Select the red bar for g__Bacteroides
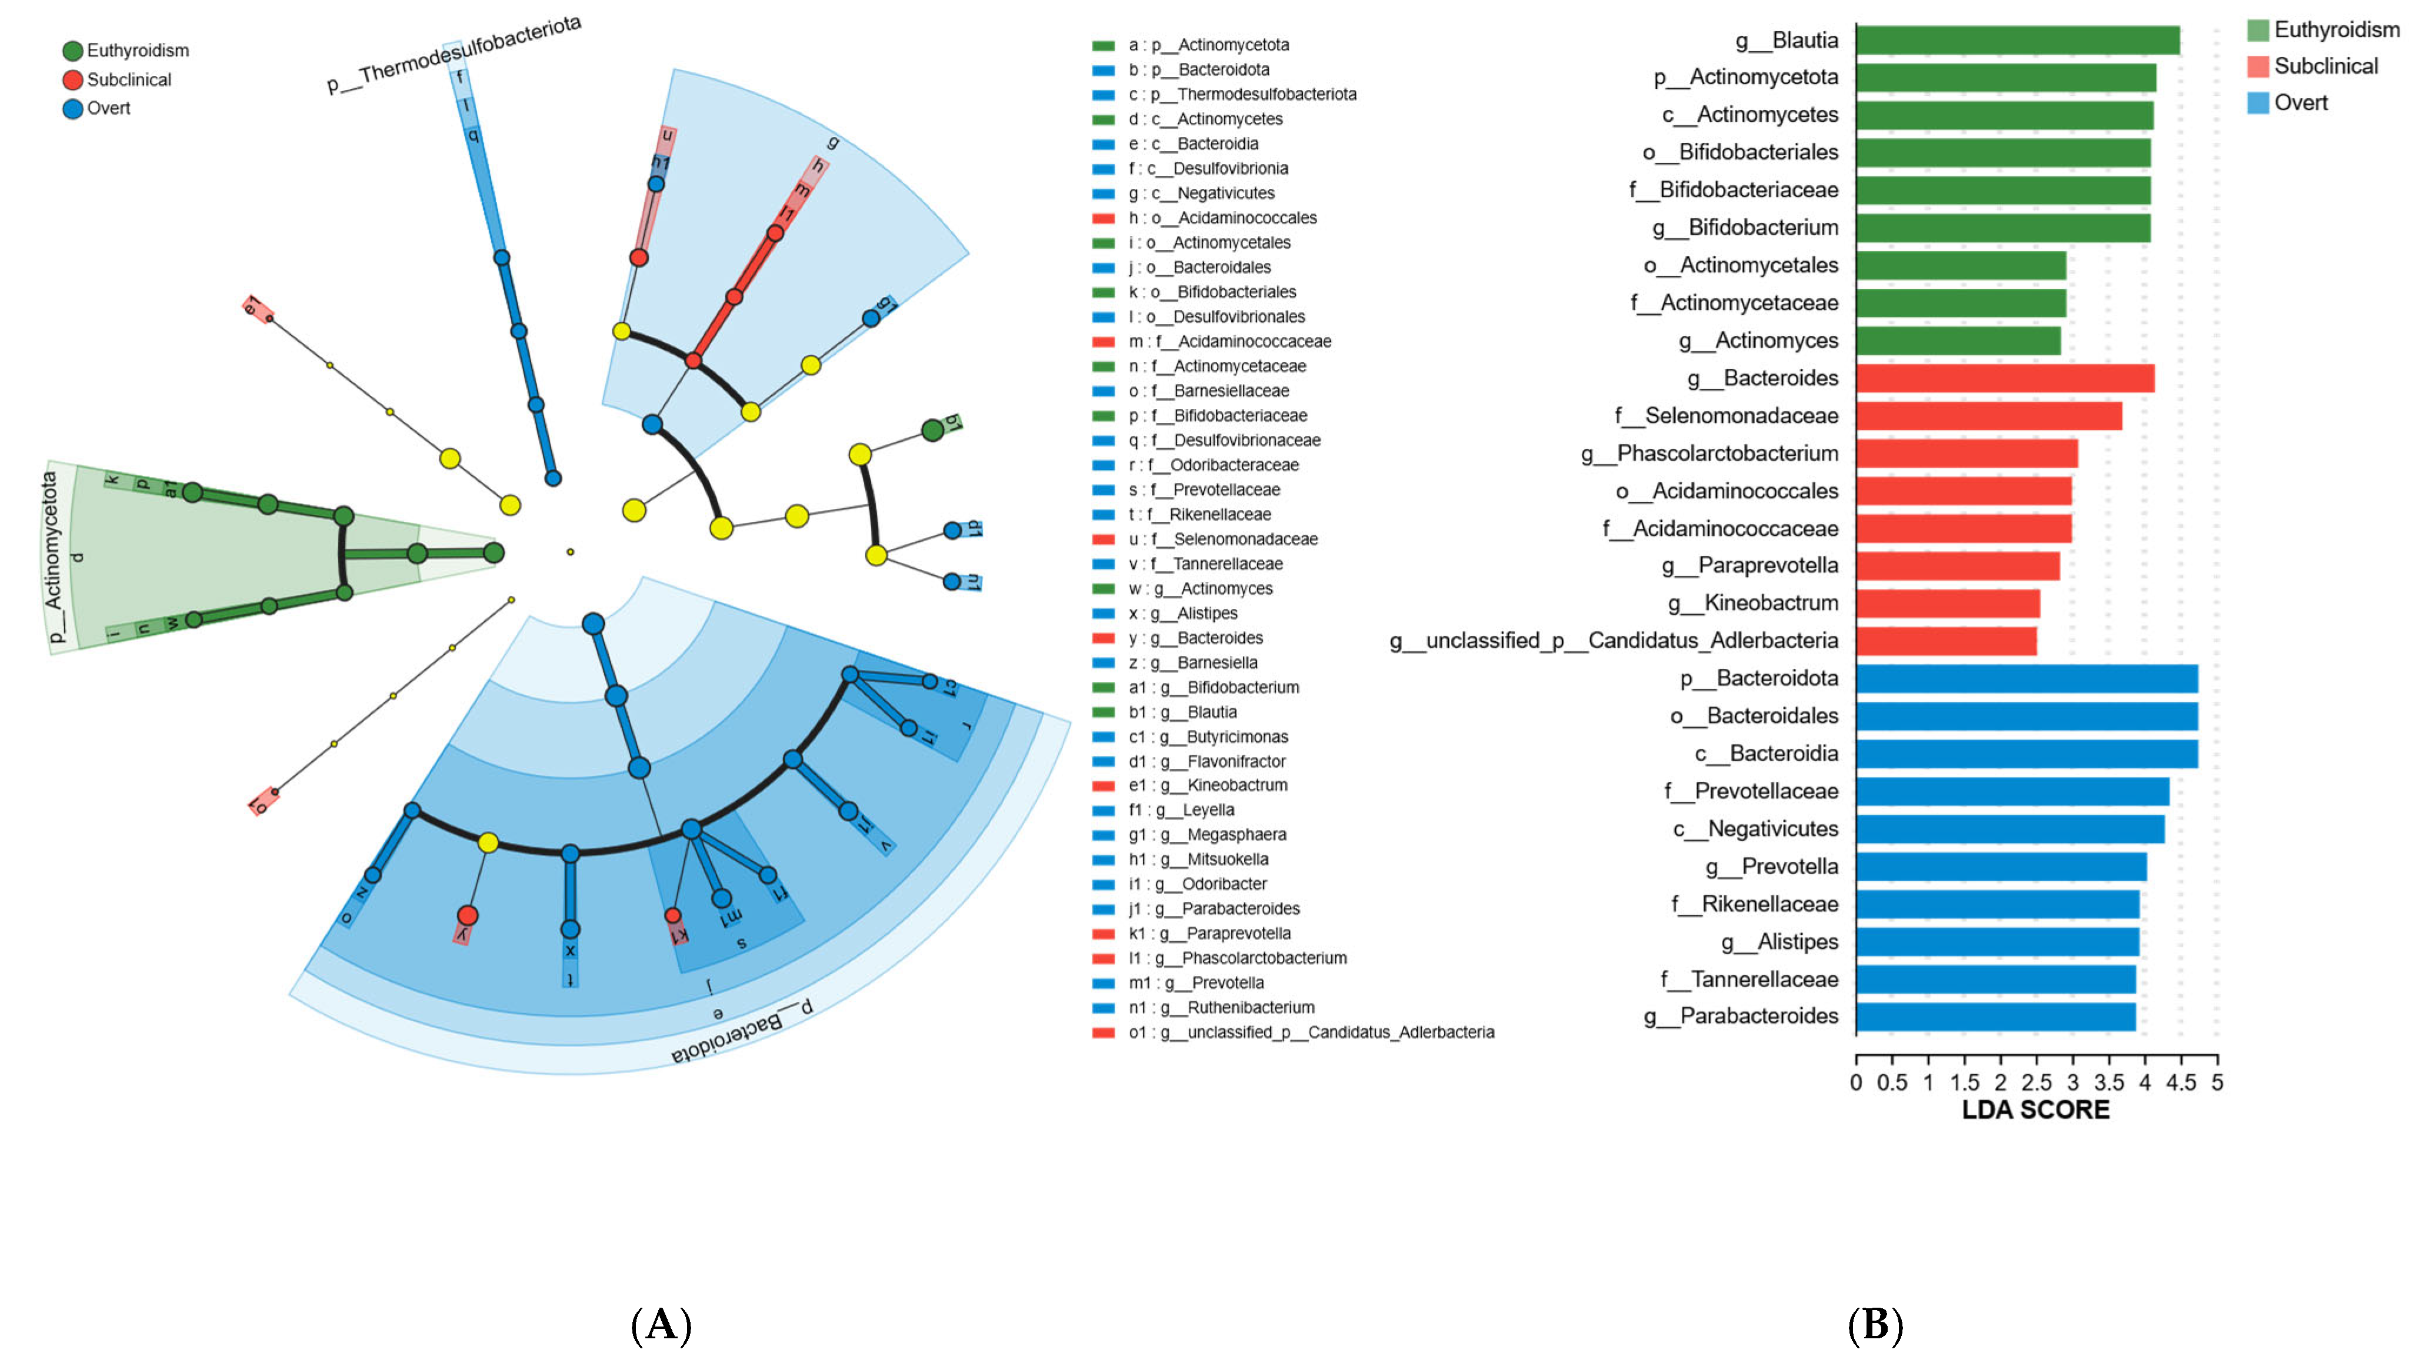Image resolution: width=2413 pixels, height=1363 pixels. coord(2005,378)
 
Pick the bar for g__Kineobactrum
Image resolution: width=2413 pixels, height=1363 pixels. coord(1948,604)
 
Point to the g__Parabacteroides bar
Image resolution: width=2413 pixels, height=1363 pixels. coord(1995,1017)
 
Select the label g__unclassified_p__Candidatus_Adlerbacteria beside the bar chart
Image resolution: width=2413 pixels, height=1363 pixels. coord(1613,641)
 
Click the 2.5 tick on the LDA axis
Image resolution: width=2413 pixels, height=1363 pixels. coord(2037,1083)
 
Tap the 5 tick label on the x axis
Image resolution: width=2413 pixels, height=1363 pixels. coord(2217,1083)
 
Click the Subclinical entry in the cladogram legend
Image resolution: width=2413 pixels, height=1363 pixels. coord(128,79)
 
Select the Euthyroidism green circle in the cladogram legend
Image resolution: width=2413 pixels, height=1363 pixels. coord(72,51)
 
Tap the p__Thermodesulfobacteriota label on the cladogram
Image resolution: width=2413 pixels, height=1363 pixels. coord(454,54)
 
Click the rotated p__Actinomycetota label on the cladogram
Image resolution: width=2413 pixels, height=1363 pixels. coord(52,558)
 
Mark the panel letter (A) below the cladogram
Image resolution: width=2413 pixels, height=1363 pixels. coord(661,1325)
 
